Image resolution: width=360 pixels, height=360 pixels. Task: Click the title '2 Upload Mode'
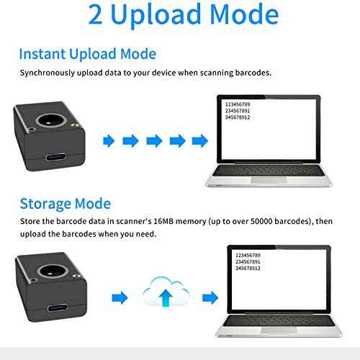(x=183, y=16)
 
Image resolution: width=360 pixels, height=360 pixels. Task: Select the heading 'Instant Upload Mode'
(x=87, y=54)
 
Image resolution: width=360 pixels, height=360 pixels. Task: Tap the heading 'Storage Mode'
(x=65, y=203)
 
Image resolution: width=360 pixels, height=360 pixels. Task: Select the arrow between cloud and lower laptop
(x=210, y=296)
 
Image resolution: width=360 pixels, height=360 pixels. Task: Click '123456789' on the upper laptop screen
(x=239, y=105)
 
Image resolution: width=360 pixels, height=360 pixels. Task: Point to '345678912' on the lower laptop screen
(x=249, y=269)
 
